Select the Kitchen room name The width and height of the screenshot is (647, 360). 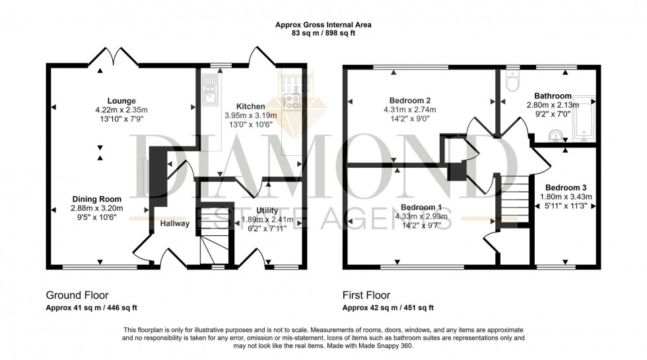251,106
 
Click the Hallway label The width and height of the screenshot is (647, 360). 174,223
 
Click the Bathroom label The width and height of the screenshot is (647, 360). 553,96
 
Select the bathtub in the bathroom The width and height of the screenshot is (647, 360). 584,120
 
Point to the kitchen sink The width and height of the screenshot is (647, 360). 210,92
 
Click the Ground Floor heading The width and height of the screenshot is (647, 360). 77,295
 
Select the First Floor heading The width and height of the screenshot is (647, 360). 366,295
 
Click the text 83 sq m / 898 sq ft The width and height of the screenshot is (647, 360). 323,33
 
